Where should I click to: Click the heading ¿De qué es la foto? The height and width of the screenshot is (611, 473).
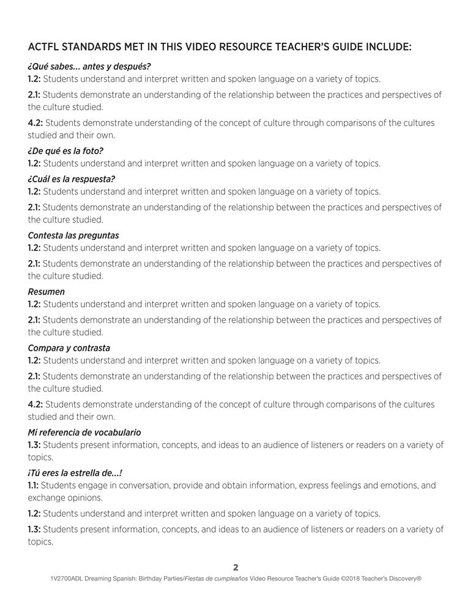[x=65, y=151]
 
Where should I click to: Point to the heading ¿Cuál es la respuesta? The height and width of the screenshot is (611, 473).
[x=71, y=179]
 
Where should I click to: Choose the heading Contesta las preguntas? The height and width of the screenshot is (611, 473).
[x=73, y=235]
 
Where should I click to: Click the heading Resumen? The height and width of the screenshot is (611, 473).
[x=46, y=291]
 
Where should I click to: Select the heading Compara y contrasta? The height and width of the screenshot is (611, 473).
[x=69, y=348]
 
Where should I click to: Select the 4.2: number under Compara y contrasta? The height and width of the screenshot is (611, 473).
[x=35, y=404]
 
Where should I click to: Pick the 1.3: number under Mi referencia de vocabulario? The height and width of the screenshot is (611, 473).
[x=34, y=444]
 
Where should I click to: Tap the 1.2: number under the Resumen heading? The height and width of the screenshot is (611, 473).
[x=34, y=304]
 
